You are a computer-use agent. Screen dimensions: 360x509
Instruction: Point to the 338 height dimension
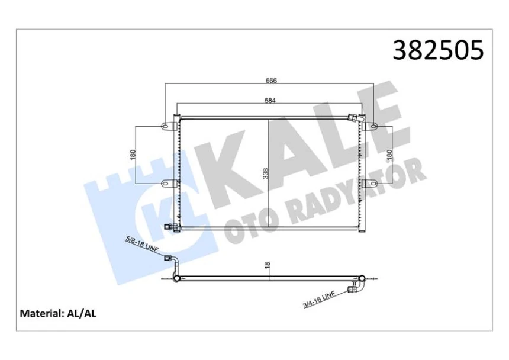click(x=266, y=173)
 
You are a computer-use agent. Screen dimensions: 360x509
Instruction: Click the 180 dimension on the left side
click(x=134, y=155)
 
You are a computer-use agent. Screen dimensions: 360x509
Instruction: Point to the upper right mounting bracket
click(x=372, y=126)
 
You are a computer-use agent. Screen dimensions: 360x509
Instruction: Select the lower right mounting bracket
click(x=371, y=182)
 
